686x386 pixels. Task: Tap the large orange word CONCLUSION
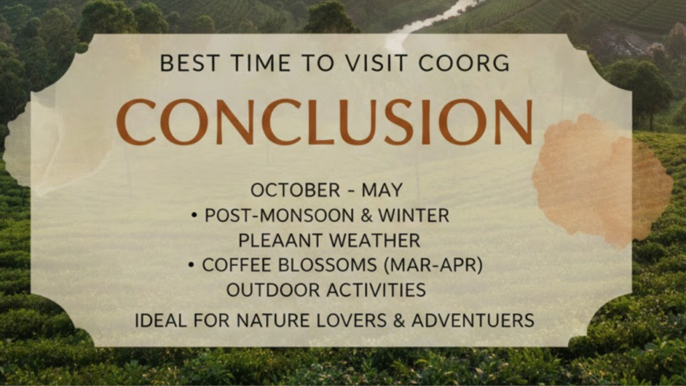click(325, 122)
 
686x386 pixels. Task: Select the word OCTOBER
click(295, 190)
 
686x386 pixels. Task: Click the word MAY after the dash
click(382, 190)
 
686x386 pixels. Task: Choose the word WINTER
click(414, 215)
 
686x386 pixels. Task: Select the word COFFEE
click(236, 265)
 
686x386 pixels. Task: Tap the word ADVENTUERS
click(473, 320)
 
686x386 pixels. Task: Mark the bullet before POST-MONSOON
click(195, 215)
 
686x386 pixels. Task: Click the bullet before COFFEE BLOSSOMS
click(191, 265)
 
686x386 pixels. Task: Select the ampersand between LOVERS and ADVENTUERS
click(399, 320)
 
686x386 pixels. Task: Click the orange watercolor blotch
click(602, 180)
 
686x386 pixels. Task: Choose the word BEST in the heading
click(189, 63)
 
